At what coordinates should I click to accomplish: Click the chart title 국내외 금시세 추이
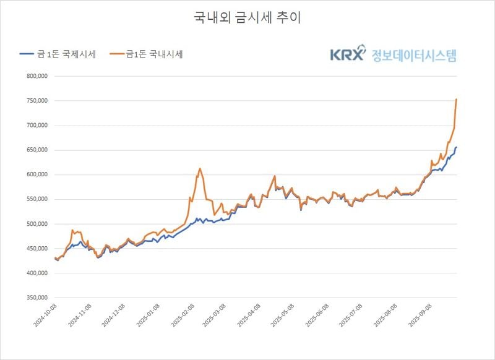click(x=247, y=17)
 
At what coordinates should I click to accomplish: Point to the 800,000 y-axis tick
click(x=36, y=77)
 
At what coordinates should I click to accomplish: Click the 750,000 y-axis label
click(x=36, y=101)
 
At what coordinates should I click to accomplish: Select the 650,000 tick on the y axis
click(x=36, y=150)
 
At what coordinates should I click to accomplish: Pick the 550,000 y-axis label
click(x=36, y=199)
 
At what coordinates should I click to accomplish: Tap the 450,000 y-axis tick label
click(x=36, y=249)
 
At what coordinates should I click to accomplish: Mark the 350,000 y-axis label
click(x=36, y=298)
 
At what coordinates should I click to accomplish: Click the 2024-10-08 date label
click(x=46, y=314)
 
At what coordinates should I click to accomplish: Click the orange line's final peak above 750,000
click(x=457, y=99)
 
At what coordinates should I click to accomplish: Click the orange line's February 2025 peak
click(x=200, y=168)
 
